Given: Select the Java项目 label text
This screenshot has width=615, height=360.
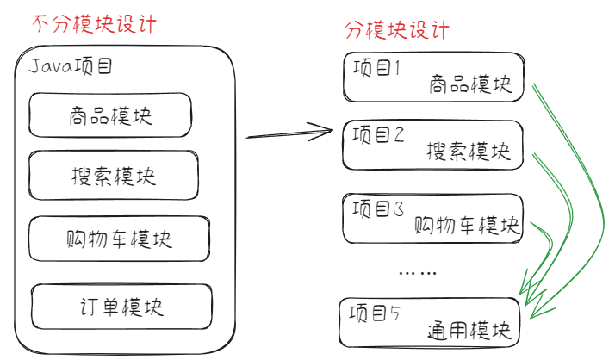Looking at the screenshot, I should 71,65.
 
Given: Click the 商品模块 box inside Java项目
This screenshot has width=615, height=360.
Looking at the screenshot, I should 109,115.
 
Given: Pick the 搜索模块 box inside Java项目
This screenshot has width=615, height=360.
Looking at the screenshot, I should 109,176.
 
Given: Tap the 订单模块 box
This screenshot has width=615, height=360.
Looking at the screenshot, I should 120,306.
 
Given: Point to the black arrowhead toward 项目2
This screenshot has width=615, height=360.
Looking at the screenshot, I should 326,131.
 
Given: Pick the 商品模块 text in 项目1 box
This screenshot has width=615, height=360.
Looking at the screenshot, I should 469,84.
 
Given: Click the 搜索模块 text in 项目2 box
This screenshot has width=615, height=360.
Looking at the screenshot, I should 469,152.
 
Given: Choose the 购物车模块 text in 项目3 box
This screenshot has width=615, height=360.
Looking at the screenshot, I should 467,225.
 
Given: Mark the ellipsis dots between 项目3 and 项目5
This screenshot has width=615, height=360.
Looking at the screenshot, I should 419,273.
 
